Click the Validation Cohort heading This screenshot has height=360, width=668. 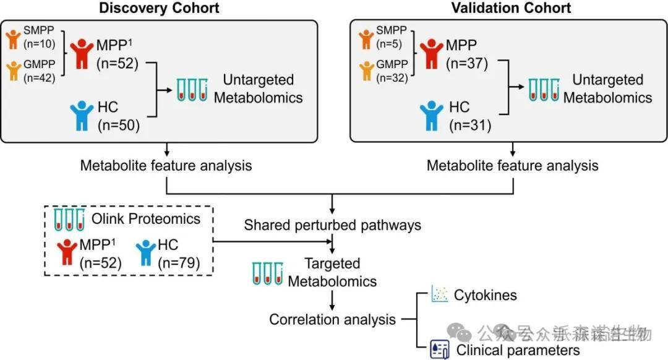coord(511,8)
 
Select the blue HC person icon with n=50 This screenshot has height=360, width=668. coord(82,116)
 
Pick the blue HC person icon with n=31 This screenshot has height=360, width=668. coord(432,116)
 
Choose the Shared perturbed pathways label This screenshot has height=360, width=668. coord(332,225)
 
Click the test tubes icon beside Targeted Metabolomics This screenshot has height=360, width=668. coord(265,273)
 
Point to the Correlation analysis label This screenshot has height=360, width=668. coord(332,320)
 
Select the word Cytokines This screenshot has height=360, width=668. coord(486,295)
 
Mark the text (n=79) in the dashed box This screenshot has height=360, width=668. coord(179,263)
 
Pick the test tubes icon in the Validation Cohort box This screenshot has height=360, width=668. coord(544,90)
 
